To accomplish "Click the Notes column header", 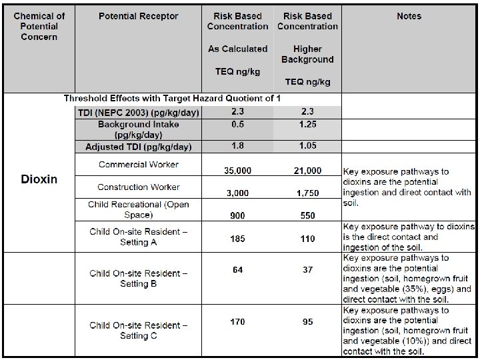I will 409,16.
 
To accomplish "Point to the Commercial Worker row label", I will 139,164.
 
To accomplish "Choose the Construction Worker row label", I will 139,187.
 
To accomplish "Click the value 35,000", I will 237,171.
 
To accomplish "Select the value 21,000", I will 307,171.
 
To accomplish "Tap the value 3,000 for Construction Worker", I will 237,193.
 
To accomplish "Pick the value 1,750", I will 307,193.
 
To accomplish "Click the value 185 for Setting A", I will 237,239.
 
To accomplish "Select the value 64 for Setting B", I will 237,269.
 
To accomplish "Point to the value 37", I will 307,269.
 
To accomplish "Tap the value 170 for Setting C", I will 237,322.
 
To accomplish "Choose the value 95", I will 307,322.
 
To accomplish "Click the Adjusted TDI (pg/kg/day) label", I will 139,147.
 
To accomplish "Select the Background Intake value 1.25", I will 307,124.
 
